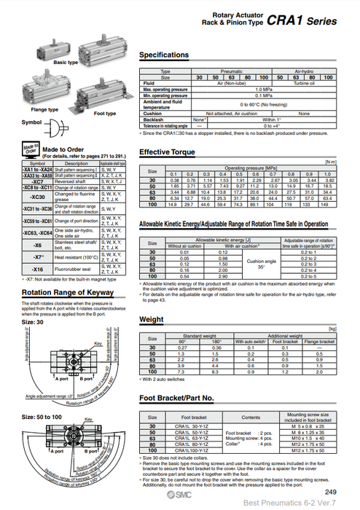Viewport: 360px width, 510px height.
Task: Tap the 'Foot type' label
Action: pyautogui.click(x=105, y=114)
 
